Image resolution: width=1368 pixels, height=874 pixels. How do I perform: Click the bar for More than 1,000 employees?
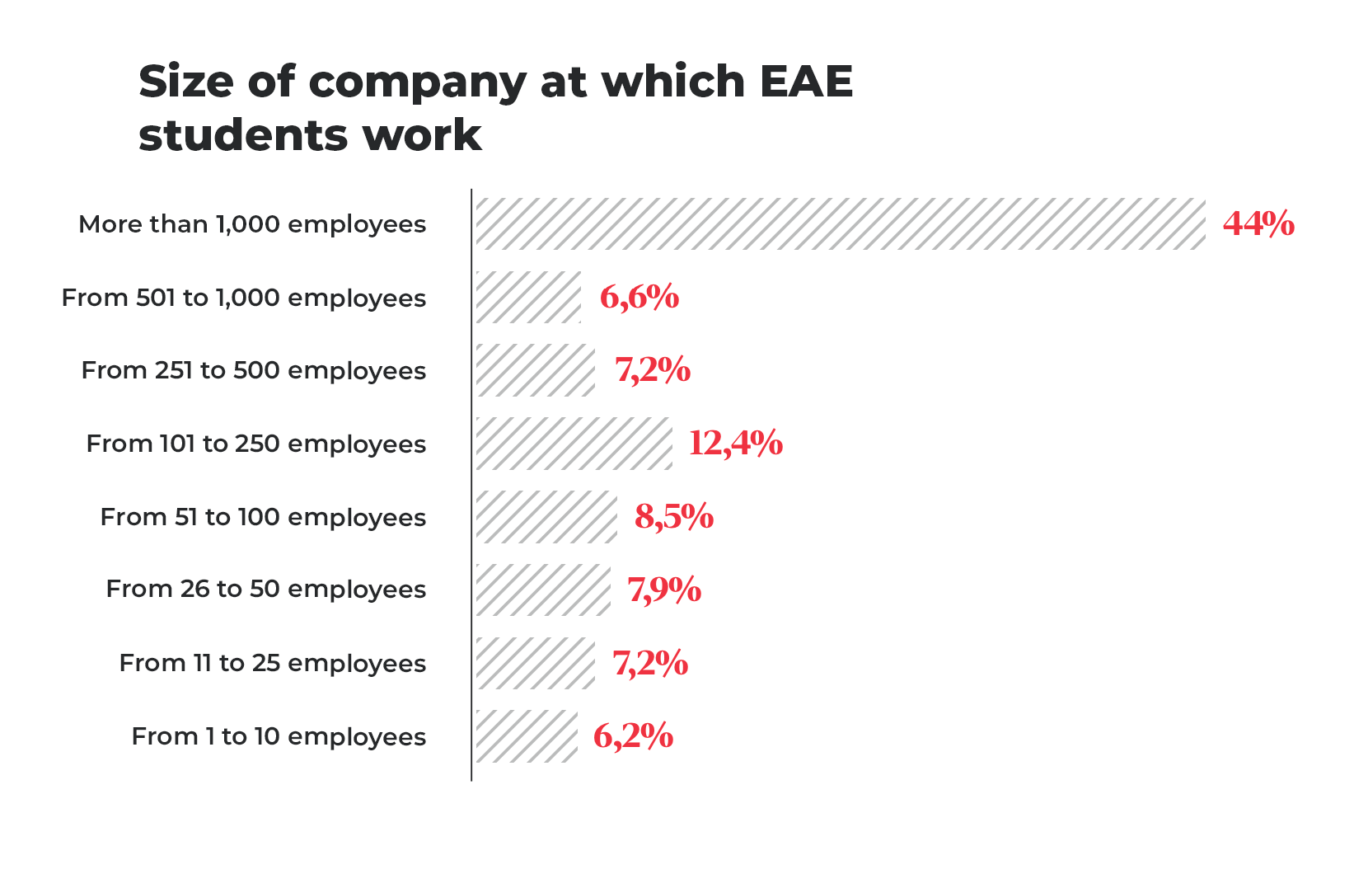click(841, 223)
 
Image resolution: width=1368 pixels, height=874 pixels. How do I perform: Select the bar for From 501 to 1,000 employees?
click(528, 297)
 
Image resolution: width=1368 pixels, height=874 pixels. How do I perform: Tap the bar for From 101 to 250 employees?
click(574, 444)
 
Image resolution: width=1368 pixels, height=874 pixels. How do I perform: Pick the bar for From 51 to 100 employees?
click(546, 517)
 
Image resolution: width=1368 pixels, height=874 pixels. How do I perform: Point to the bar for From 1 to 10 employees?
click(527, 736)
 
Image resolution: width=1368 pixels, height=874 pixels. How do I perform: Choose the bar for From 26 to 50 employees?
click(543, 590)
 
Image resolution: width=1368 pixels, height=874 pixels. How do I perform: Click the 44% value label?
click(1258, 223)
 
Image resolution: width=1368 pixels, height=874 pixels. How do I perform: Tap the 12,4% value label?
click(735, 444)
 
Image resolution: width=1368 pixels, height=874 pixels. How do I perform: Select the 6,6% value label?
click(639, 297)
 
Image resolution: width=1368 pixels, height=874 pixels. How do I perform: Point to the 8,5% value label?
click(674, 517)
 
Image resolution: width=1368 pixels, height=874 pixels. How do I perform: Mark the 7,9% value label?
click(664, 590)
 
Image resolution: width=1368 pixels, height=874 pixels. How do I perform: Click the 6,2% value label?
click(633, 736)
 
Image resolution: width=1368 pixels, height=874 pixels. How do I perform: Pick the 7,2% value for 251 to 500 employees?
click(653, 370)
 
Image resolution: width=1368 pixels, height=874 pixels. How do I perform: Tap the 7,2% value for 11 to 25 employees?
click(650, 663)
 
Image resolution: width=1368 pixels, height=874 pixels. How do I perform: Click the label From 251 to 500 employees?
click(254, 371)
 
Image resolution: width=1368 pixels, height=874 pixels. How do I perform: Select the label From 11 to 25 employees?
click(273, 664)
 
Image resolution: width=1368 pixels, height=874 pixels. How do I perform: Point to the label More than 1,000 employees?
click(252, 224)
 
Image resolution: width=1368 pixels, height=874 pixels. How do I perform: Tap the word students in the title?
click(241, 135)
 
